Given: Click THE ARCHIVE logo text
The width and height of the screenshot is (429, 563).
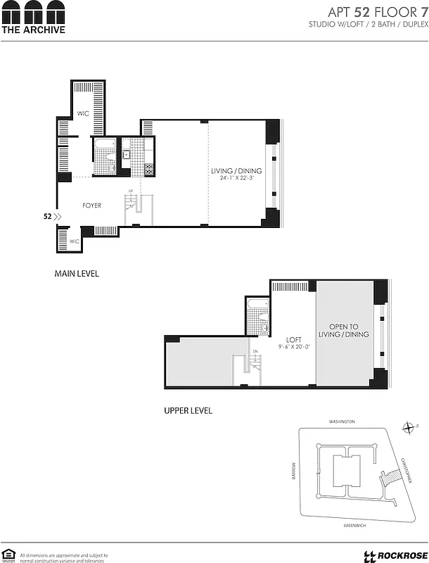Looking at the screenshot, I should point(33,30).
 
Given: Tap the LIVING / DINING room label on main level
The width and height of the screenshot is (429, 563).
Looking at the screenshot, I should point(237,171).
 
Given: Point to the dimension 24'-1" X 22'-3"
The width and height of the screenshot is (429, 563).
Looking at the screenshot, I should point(237,179).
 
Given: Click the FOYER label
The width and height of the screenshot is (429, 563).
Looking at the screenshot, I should point(92,205).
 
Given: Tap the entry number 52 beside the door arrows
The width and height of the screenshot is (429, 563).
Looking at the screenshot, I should point(47,217).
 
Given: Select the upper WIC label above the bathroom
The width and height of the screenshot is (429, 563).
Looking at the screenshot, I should point(82,113).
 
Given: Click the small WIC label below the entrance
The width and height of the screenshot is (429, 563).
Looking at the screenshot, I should point(74,241).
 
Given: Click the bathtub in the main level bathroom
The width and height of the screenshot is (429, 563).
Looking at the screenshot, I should point(105,146).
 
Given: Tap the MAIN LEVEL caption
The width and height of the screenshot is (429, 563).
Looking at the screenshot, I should point(77,273).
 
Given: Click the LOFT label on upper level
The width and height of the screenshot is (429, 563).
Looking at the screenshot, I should point(293,339).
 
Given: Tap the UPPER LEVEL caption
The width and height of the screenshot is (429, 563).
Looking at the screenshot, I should point(188,410).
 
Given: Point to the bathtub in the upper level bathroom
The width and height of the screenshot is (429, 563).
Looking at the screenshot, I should point(257,306).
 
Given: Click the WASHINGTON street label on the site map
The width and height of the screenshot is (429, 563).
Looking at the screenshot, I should point(342,422).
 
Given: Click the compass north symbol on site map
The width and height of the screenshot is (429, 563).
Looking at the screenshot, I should point(409,426).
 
